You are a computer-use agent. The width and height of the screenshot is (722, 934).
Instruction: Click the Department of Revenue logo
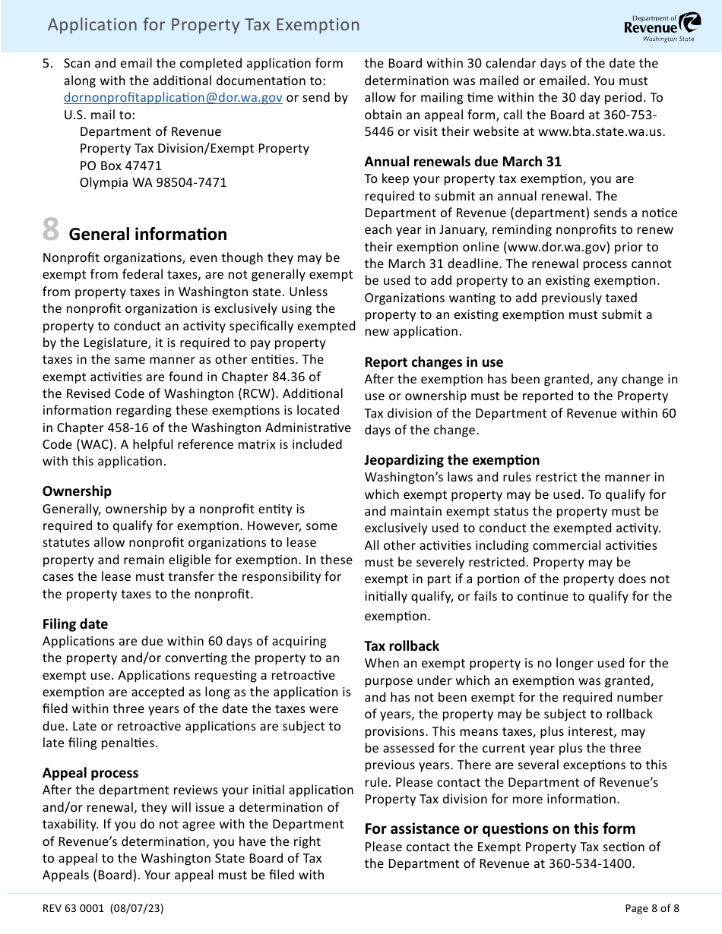[662, 26]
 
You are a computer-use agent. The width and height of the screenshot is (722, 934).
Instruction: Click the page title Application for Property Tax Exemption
[204, 25]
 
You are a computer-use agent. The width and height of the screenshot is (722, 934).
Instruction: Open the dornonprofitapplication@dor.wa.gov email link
[173, 98]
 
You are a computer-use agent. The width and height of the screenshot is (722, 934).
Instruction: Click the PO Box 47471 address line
[120, 166]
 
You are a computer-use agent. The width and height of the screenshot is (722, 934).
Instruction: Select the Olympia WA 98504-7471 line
[153, 182]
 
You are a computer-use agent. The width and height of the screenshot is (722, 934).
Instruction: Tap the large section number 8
[50, 229]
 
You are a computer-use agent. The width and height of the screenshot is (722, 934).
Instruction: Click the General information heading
[148, 234]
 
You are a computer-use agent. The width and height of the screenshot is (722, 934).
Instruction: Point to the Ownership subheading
[77, 491]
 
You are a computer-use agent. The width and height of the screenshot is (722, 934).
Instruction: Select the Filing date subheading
[75, 624]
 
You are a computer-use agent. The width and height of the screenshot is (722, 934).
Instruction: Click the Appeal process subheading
[90, 773]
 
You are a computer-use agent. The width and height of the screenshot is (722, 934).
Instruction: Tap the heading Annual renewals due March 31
[462, 161]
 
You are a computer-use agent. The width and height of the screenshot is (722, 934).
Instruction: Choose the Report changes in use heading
[433, 362]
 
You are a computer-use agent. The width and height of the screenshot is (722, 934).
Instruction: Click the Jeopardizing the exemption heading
[451, 460]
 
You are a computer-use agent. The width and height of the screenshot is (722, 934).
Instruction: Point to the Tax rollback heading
[401, 646]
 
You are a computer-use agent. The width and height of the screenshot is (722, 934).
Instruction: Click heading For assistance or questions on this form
[499, 828]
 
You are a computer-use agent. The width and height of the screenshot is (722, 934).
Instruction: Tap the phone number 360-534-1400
[591, 863]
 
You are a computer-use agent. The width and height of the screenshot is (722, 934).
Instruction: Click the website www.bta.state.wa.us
[601, 131]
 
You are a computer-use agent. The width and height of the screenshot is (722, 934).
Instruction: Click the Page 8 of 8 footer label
[652, 908]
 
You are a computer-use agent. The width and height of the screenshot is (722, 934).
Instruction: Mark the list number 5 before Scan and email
[47, 64]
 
